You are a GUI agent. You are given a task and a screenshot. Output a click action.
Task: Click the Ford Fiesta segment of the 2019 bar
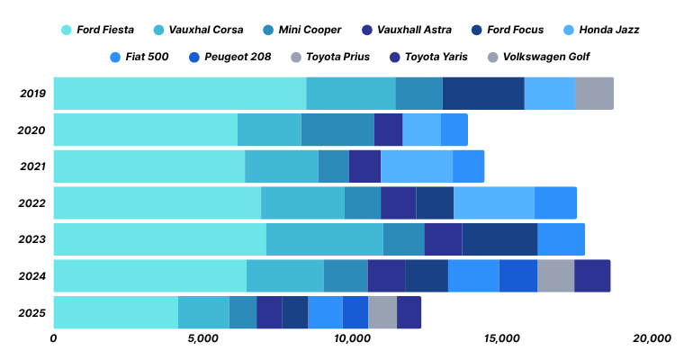coord(180,94)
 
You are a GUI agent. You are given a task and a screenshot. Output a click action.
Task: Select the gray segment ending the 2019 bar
coord(594,94)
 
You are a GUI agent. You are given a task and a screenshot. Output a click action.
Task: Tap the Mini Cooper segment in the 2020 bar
coord(337,130)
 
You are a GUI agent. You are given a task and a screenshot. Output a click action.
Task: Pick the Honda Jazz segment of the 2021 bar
coord(417,166)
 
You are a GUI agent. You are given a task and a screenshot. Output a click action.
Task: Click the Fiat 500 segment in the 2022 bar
coord(555,202)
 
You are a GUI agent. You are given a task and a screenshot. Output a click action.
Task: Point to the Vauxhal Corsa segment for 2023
coord(325,239)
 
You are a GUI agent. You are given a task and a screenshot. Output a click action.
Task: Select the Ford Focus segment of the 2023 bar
coord(499,239)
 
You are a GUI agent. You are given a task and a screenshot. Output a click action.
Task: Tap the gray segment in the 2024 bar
coord(555,275)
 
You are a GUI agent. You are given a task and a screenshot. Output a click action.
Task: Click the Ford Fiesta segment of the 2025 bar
coord(115,311)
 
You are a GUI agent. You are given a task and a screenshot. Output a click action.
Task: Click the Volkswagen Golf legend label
coord(546,57)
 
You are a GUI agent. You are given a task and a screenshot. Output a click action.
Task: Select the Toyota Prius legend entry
coord(337,57)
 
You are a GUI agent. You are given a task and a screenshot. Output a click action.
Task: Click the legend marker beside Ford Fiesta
coord(67,30)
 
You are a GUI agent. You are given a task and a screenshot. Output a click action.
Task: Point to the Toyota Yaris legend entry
coord(441,57)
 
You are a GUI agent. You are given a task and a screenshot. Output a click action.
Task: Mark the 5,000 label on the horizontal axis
coord(203,339)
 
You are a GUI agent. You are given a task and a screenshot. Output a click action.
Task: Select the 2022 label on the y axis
coord(31,203)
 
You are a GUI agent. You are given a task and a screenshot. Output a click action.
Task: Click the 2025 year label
coord(31,312)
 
